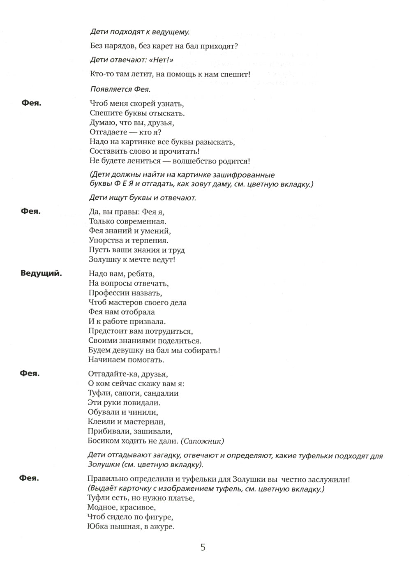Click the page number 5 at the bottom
[203, 547]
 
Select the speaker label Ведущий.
[41, 273]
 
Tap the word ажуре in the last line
[162, 527]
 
